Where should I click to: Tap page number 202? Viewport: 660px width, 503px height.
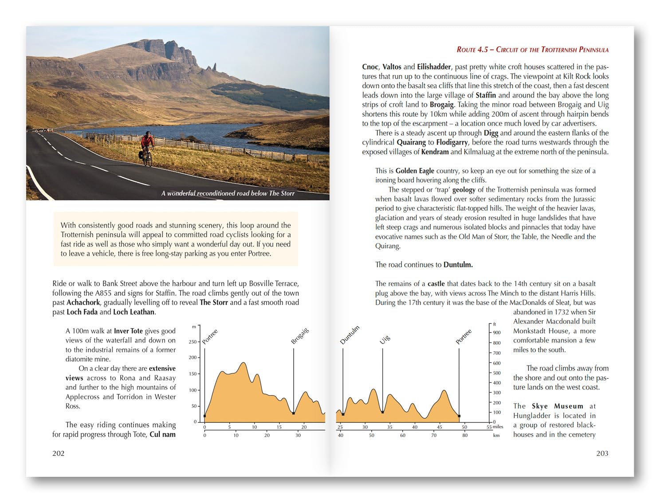pyautogui.click(x=59, y=453)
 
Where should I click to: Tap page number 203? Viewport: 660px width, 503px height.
pyautogui.click(x=602, y=453)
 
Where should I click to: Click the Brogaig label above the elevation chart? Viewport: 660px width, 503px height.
pyautogui.click(x=300, y=336)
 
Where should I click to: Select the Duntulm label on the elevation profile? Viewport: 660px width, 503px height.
pyautogui.click(x=350, y=335)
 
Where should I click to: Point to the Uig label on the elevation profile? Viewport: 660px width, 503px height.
pyautogui.click(x=385, y=339)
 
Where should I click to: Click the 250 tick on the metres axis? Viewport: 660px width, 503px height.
pyautogui.click(x=192, y=342)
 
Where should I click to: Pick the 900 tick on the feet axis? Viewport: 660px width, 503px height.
pyautogui.click(x=497, y=332)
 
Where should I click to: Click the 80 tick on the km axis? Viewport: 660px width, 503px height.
pyautogui.click(x=464, y=435)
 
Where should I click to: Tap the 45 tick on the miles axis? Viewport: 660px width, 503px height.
pyautogui.click(x=440, y=427)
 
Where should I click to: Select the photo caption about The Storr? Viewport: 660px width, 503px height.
pyautogui.click(x=228, y=193)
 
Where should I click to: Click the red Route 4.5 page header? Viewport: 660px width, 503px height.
pyautogui.click(x=532, y=50)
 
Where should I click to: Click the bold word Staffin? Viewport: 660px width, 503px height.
pyautogui.click(x=486, y=95)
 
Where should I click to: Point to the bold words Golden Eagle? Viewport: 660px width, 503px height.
pyautogui.click(x=415, y=171)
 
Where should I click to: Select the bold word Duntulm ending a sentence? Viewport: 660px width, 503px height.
pyautogui.click(x=458, y=265)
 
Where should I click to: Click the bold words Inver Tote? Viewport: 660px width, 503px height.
pyautogui.click(x=128, y=331)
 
